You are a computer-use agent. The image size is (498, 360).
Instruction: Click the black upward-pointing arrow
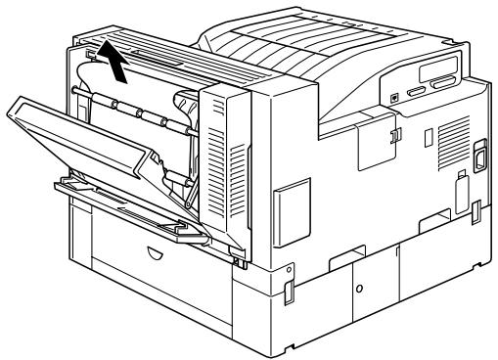117,66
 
